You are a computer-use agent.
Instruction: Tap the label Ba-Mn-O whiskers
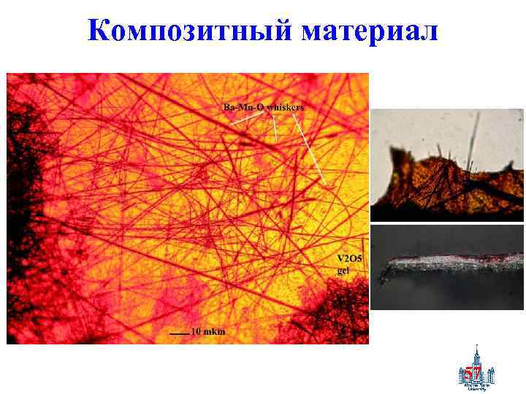point(263,108)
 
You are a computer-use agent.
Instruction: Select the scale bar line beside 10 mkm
point(179,333)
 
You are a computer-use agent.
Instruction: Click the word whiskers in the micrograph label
point(285,108)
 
